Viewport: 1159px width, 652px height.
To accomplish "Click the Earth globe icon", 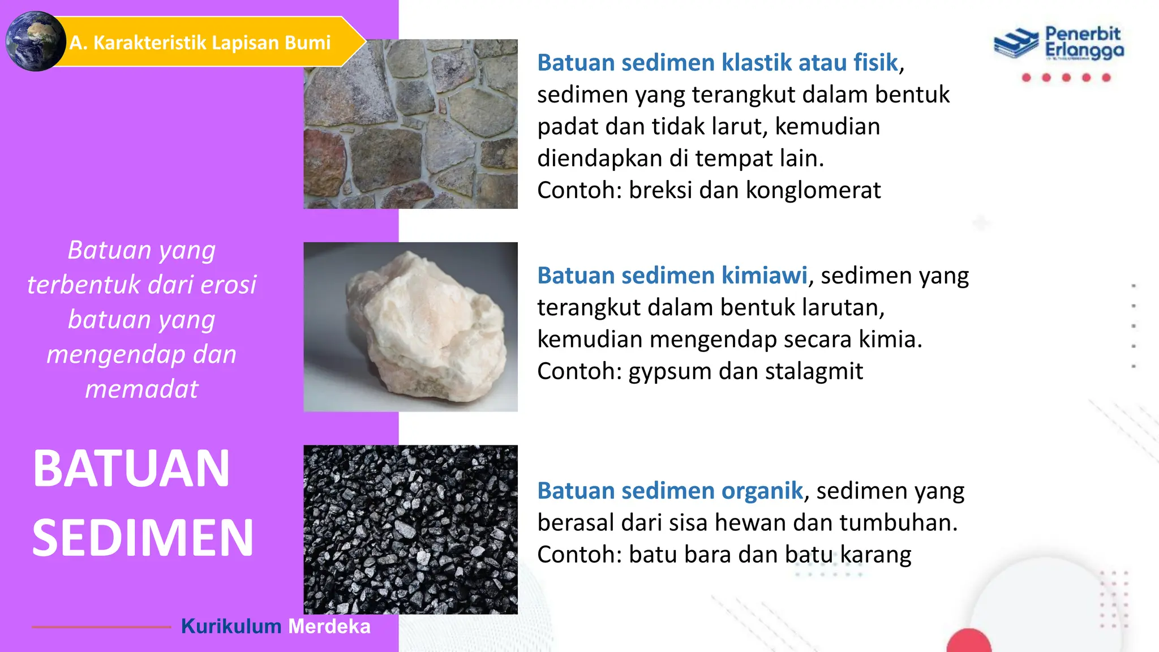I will [x=35, y=41].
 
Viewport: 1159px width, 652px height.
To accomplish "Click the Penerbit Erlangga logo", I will [x=1059, y=44].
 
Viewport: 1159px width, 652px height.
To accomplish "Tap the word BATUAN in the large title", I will [x=131, y=469].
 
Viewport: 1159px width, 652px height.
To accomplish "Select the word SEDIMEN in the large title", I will [x=143, y=538].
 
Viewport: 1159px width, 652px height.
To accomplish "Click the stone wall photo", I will [x=410, y=123].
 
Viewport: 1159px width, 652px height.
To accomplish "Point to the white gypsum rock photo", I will [x=410, y=327].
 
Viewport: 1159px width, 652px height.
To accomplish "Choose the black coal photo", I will [x=410, y=529].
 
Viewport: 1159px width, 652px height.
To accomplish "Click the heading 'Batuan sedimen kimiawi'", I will [x=672, y=276].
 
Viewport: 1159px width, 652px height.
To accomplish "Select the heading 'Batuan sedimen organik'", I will [x=670, y=491].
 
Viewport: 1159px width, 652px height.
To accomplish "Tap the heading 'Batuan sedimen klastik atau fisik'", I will [x=718, y=63].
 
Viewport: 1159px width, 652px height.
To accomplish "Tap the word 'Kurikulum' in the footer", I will [x=231, y=627].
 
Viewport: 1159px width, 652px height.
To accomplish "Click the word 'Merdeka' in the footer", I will [x=329, y=627].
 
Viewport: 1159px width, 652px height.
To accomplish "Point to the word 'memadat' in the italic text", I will [x=141, y=389].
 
